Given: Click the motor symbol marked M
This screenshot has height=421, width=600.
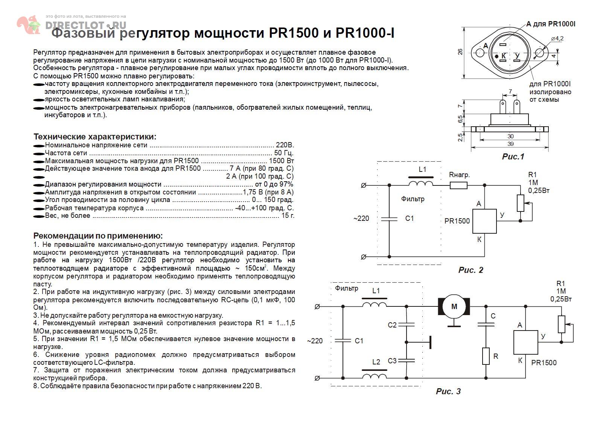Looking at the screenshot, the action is (454, 306).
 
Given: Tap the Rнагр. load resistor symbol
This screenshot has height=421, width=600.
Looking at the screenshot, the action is (458, 185).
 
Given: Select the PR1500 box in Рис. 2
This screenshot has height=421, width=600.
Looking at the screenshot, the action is (484, 221).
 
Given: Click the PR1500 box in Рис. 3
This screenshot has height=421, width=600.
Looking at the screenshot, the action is (525, 343).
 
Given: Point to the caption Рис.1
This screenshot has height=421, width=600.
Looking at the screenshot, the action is (513, 156).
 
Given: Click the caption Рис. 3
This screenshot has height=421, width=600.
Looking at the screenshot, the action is (448, 391).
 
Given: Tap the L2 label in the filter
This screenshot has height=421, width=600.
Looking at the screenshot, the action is (376, 362).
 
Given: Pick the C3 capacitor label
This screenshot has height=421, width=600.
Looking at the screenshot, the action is (392, 361).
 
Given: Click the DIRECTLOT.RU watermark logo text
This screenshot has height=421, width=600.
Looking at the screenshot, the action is (86, 25).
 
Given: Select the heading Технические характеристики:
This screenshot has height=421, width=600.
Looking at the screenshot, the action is (95, 137).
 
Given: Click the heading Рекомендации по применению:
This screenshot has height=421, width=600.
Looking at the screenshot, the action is (98, 236).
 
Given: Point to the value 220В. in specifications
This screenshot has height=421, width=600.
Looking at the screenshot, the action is (285, 145).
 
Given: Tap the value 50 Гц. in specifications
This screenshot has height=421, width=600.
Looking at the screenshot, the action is (284, 153).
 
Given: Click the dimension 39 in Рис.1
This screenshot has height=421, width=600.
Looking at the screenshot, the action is (510, 144).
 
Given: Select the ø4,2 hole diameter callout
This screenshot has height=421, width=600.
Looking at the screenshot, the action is (557, 38).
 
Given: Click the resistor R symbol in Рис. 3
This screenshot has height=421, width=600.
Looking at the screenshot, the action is (486, 357).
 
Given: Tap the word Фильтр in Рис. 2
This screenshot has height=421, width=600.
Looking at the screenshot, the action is (413, 199).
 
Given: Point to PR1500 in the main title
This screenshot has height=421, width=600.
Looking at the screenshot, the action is (294, 33).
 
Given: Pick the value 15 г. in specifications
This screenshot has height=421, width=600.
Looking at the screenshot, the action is (288, 216).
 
